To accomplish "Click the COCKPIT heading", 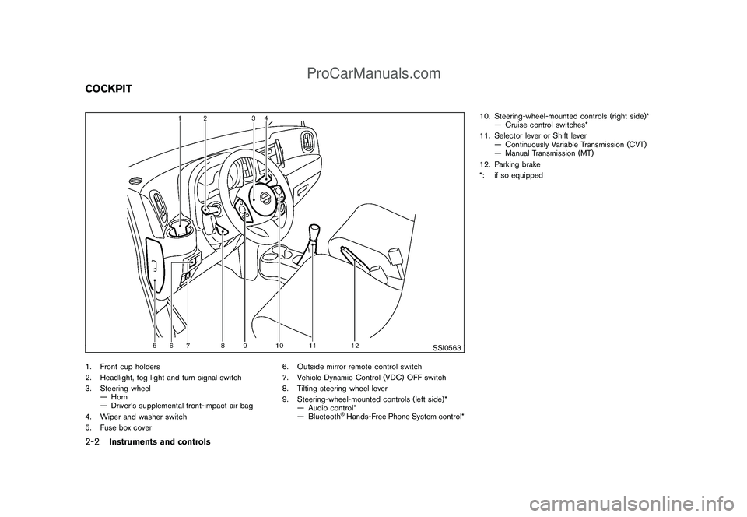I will (103, 89).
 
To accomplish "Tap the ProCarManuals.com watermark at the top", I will (373, 74).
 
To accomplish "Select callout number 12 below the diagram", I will (354, 344).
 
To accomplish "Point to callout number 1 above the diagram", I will (179, 118).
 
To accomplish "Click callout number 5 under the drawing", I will (154, 345).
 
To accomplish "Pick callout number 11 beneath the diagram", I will (312, 345).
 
